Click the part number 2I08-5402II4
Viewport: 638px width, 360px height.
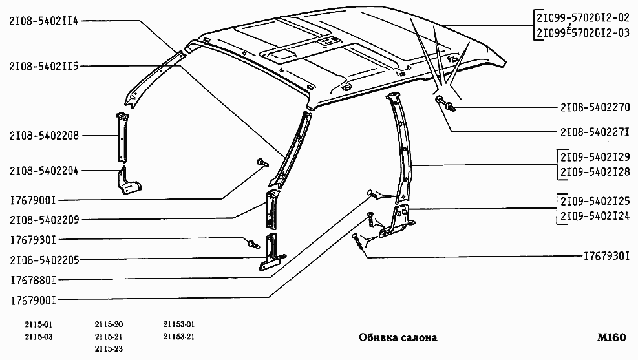[x=43, y=21]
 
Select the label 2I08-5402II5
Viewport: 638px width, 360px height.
[x=44, y=66]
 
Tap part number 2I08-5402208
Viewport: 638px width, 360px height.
[x=45, y=136]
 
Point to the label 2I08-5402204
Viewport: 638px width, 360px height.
[x=45, y=171]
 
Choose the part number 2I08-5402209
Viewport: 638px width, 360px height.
[x=45, y=220]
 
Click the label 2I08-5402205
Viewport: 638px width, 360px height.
[x=45, y=260]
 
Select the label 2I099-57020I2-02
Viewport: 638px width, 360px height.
[x=583, y=17]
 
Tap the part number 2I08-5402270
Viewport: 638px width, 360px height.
[x=595, y=107]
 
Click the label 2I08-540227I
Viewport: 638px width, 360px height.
[x=595, y=132]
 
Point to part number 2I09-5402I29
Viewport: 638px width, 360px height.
[x=595, y=157]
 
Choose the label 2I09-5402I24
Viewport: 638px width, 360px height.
[x=595, y=216]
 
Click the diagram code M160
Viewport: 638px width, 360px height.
[x=611, y=337]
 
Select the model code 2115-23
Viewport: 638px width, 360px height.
[x=109, y=348]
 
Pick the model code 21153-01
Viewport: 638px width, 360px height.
[x=179, y=324]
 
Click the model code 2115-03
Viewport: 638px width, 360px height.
[x=39, y=337]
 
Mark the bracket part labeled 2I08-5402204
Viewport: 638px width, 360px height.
[x=129, y=180]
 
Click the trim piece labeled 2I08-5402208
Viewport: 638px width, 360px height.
[x=122, y=137]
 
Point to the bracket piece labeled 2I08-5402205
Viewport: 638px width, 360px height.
[x=271, y=252]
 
